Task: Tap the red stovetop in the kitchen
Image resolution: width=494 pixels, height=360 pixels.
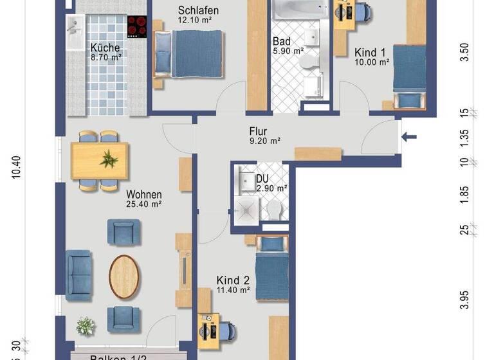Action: click(x=136, y=26)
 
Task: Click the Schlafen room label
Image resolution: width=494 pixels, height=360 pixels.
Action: click(x=198, y=10)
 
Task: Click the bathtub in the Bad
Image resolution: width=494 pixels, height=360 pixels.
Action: click(x=299, y=9)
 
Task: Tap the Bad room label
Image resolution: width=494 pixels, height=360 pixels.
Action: click(x=282, y=42)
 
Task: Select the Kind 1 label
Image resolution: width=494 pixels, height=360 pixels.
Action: click(x=370, y=52)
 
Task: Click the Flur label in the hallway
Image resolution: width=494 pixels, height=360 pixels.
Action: click(x=259, y=130)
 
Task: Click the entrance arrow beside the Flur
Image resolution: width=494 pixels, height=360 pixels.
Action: click(x=409, y=136)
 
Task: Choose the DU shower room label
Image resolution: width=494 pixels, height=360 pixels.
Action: click(x=263, y=179)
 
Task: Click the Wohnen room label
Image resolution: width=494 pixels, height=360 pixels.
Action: click(x=143, y=195)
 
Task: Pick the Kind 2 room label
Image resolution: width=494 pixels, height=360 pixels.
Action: click(x=233, y=280)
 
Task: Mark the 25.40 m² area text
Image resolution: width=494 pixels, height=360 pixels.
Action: click(x=143, y=204)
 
